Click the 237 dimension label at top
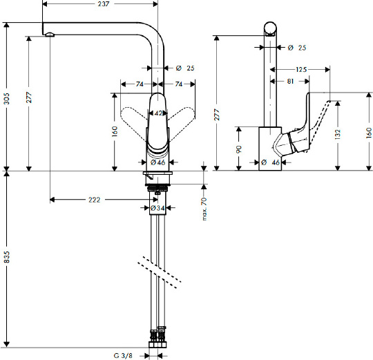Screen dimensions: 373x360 pos(104,4)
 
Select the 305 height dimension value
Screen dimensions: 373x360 pos(7,99)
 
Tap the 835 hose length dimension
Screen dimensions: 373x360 pos(7,257)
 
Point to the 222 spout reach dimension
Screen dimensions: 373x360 pos(95,200)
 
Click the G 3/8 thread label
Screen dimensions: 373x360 pos(123,355)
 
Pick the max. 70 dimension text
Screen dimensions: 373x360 pos(204,209)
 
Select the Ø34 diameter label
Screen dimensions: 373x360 pos(157,208)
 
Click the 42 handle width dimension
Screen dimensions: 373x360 pos(158,113)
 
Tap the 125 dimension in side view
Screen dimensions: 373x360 pos(301,70)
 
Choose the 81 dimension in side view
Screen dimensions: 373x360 pos(290,82)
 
